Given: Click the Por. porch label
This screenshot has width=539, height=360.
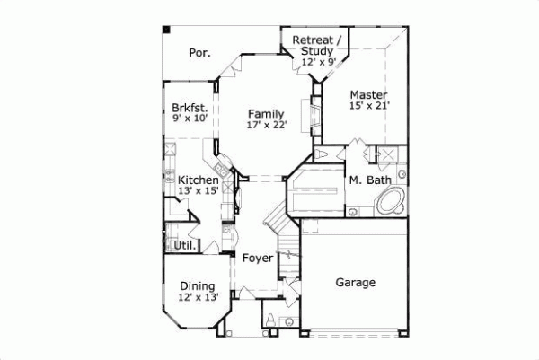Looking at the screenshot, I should [x=199, y=53].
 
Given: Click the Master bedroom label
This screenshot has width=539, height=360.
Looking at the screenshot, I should [x=368, y=94].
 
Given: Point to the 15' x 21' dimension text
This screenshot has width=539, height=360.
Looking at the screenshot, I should [x=368, y=106].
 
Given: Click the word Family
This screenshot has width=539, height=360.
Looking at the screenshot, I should [x=266, y=113].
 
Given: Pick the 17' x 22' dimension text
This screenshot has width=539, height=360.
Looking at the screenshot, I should [x=266, y=125].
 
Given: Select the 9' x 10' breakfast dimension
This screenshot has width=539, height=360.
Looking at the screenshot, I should [x=190, y=119].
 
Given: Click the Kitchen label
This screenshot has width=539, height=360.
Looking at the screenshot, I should [x=198, y=180].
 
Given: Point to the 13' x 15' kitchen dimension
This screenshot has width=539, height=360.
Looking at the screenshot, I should [x=198, y=191].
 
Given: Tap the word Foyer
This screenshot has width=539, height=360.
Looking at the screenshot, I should [x=258, y=259].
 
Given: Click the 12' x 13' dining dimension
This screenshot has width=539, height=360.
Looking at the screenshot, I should [x=197, y=297].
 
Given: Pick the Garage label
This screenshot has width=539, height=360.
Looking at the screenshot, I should [x=356, y=283].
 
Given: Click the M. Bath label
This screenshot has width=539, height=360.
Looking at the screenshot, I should [x=369, y=180].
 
